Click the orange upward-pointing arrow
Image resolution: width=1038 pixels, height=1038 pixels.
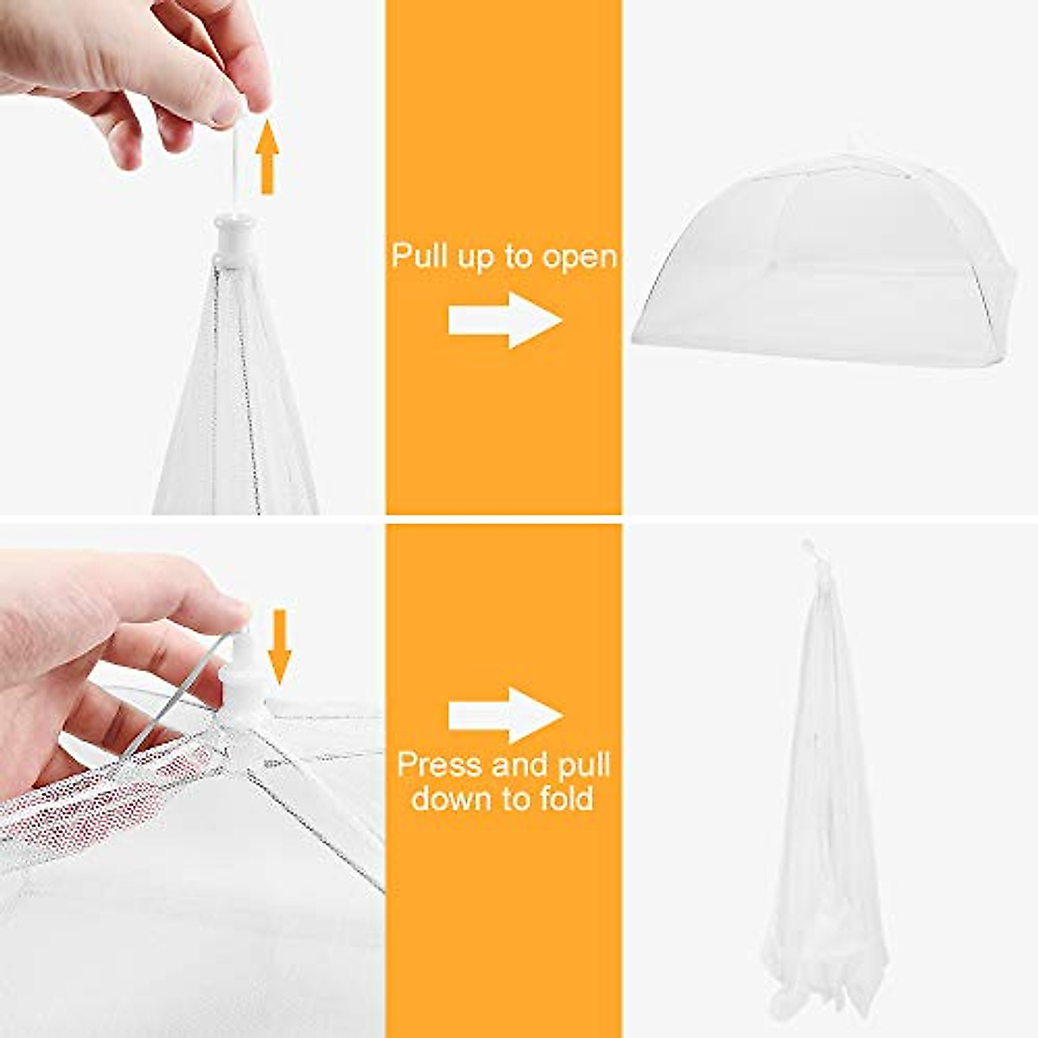267,157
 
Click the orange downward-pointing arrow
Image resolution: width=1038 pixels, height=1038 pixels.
279,645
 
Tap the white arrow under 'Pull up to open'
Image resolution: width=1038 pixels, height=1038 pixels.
504,320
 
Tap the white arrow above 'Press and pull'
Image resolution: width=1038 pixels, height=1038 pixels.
504,714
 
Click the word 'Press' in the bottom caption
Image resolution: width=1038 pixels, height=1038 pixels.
439,766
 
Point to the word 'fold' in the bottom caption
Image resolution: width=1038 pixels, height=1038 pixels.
562,798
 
